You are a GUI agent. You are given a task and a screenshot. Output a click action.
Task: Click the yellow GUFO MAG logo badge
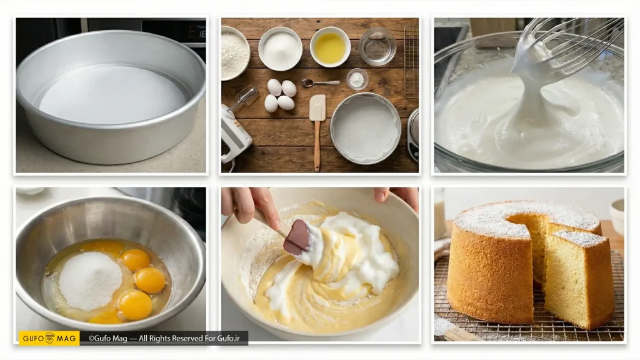pyautogui.click(x=49, y=338)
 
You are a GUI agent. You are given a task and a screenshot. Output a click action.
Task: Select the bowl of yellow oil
pyautogui.click(x=330, y=47)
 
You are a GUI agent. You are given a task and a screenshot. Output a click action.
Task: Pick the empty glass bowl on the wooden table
pyautogui.click(x=377, y=46)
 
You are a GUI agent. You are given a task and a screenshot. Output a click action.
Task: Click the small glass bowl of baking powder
pyautogui.click(x=357, y=79)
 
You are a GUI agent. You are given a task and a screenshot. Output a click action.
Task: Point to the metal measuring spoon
pyautogui.click(x=321, y=83)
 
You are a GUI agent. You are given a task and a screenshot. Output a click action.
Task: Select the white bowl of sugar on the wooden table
pyautogui.click(x=281, y=49)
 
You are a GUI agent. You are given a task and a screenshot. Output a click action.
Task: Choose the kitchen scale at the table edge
pyautogui.click(x=413, y=134)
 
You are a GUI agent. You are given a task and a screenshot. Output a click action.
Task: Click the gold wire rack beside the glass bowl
pyautogui.click(x=411, y=62)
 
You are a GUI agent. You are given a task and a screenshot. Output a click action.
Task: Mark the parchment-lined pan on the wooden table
pyautogui.click(x=365, y=128)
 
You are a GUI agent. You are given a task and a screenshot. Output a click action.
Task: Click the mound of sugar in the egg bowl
pyautogui.click(x=90, y=281)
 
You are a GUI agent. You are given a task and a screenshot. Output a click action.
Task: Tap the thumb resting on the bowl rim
pyautogui.click(x=382, y=194)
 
